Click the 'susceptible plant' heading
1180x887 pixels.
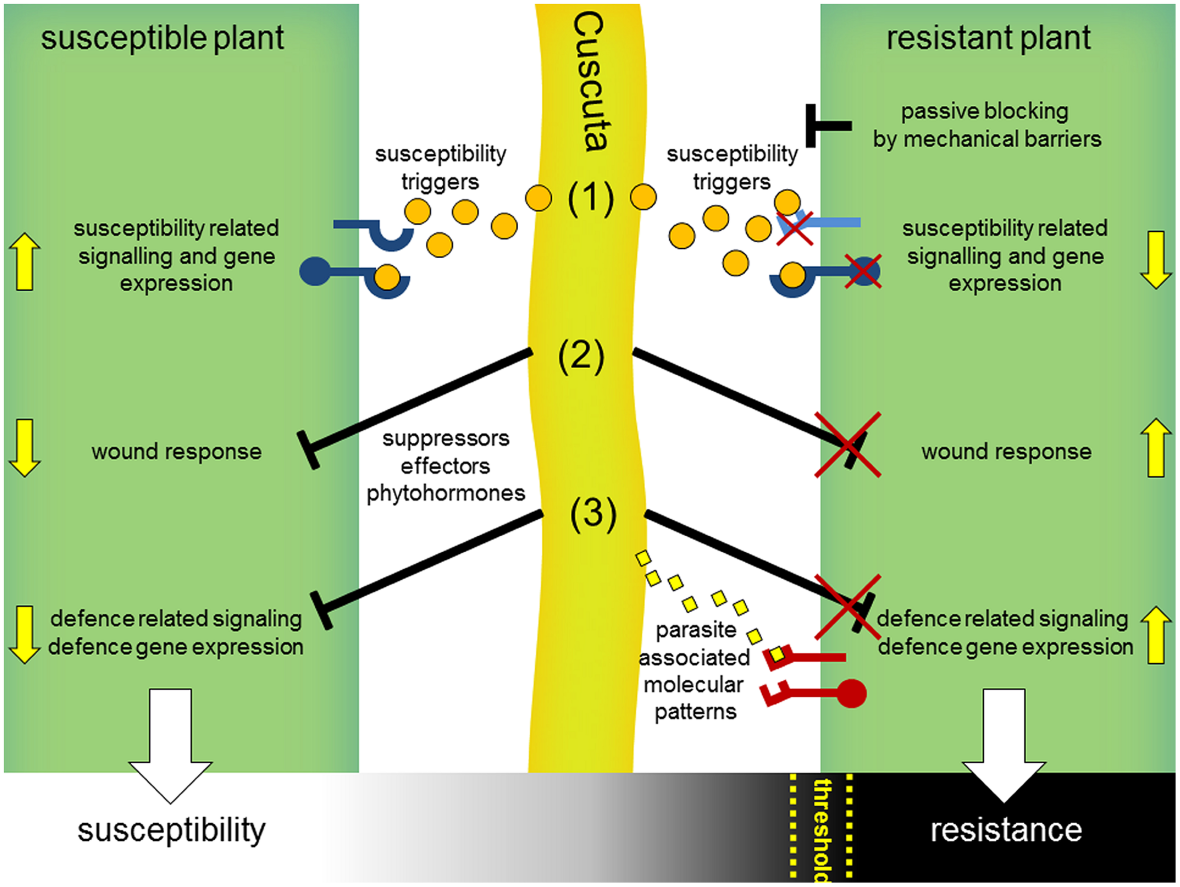(162, 39)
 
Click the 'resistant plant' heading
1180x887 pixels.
(988, 39)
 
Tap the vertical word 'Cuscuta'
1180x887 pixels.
(589, 82)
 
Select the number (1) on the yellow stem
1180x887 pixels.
(590, 198)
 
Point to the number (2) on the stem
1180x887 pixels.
(581, 356)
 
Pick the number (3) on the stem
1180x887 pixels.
(593, 514)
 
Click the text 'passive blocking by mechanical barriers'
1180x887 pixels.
(987, 126)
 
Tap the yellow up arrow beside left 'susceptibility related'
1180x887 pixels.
(25, 262)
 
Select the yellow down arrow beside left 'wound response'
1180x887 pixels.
(25, 448)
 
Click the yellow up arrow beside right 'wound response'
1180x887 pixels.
(1156, 447)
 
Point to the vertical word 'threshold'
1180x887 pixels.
(822, 830)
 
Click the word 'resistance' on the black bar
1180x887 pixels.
(1006, 830)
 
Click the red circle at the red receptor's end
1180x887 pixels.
(851, 693)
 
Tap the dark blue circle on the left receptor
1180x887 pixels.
(315, 271)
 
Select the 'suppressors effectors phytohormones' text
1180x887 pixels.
(446, 465)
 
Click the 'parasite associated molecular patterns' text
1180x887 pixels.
(695, 670)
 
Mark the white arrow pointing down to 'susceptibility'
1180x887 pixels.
(170, 746)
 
